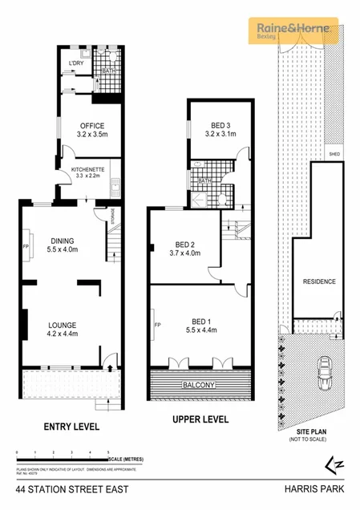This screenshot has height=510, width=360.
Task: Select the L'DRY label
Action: (x=77, y=63)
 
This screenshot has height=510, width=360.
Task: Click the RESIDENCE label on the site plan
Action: (x=319, y=281)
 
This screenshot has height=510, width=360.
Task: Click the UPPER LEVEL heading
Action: (x=200, y=419)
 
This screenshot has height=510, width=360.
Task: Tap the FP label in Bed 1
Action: (x=156, y=325)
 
